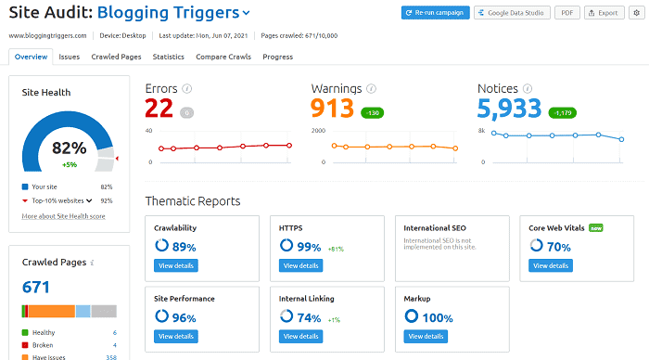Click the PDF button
click(x=566, y=13)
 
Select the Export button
click(x=603, y=13)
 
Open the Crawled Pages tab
click(x=116, y=57)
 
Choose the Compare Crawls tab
click(x=223, y=57)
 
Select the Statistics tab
click(x=168, y=57)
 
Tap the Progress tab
click(x=277, y=57)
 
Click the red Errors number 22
click(x=159, y=109)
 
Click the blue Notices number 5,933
click(x=509, y=109)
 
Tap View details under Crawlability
click(x=176, y=265)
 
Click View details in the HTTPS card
click(x=300, y=265)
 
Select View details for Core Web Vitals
click(x=550, y=265)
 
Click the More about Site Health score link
click(x=63, y=216)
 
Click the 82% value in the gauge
click(x=69, y=148)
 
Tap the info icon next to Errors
click(x=187, y=88)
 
